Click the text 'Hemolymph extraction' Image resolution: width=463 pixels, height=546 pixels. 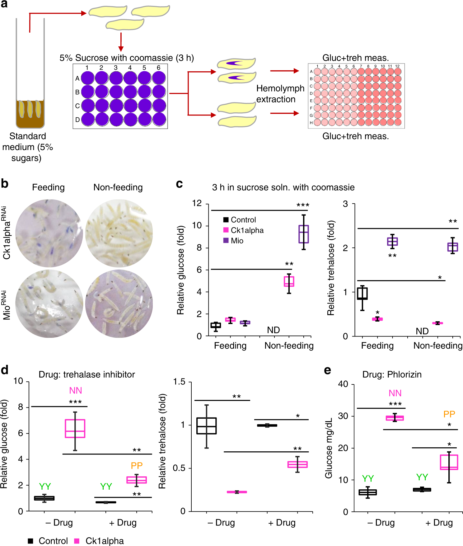280,94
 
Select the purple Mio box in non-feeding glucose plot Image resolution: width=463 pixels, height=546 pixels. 303,234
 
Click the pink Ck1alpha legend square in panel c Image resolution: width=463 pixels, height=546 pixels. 226,230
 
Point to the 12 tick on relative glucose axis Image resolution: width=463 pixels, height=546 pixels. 197,203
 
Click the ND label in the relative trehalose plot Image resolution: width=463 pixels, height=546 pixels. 422,331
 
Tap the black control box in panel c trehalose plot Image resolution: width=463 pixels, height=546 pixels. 362,294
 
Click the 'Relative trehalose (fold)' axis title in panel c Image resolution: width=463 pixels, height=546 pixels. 331,268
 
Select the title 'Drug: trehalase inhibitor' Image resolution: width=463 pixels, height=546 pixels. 87,374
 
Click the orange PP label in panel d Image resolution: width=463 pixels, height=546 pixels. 137,465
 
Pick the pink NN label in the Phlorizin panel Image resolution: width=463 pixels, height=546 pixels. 395,393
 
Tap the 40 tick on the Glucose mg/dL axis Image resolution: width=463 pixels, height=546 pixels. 343,384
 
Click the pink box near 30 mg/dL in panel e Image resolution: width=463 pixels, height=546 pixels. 395,418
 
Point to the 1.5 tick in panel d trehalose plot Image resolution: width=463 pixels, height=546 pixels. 179,382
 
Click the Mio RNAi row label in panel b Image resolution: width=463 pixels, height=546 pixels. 7,305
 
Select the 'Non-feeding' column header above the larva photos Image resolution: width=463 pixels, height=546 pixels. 118,187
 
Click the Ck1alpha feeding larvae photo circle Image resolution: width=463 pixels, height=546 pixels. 49,233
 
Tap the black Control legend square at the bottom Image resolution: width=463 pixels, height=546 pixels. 30,541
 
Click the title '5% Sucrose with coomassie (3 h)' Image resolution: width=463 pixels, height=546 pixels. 127,58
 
